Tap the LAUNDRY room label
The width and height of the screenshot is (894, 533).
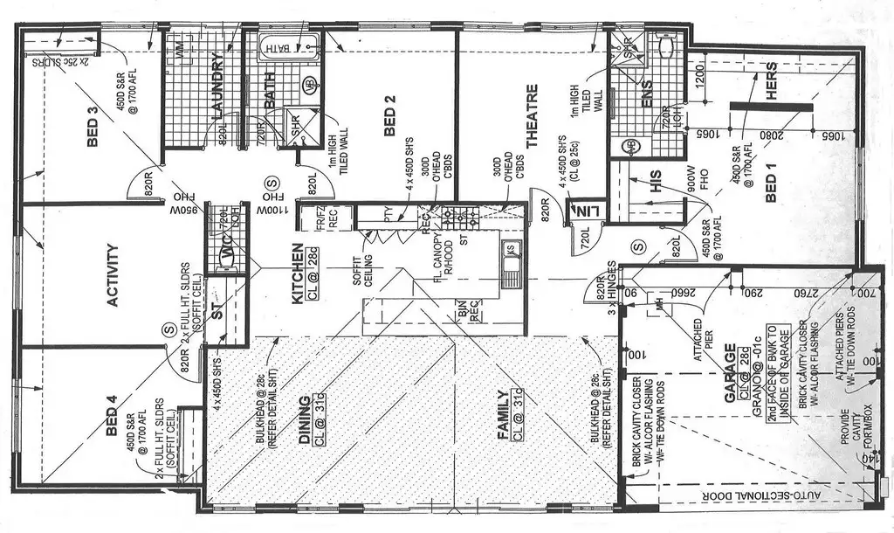217,87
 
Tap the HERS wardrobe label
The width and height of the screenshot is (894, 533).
771,87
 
